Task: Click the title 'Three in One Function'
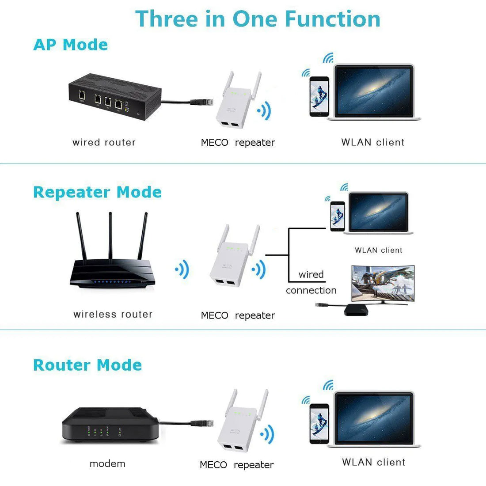[258, 19]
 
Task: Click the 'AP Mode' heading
[71, 45]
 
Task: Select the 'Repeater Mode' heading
[97, 192]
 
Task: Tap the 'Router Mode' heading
[87, 365]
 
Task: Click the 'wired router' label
[104, 142]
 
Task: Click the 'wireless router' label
[113, 314]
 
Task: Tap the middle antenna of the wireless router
[110, 234]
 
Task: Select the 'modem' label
[107, 463]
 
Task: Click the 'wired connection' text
[311, 282]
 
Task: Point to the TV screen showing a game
[383, 283]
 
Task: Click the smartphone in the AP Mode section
[319, 96]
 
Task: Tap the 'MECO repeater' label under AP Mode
[238, 142]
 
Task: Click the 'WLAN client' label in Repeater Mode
[379, 250]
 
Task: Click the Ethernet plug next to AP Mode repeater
[197, 102]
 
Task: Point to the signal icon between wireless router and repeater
[182, 269]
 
